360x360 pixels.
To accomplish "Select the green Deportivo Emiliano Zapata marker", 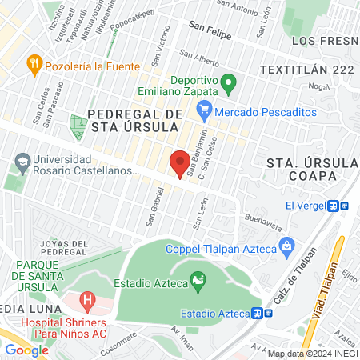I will click(229, 82).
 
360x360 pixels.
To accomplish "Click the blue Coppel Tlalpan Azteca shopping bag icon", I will click(286, 244).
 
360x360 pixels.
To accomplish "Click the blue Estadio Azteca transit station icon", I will click(258, 313).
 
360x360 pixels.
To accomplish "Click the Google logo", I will click(26, 350).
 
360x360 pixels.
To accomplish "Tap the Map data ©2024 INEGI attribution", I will click(311, 353).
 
